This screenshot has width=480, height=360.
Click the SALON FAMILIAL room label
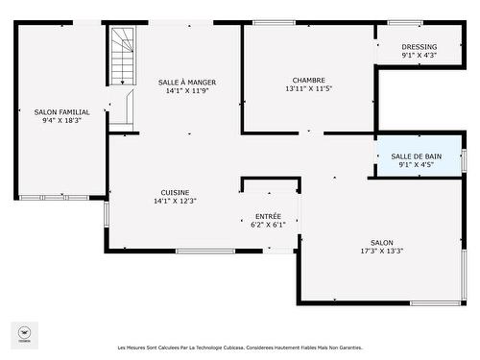(61, 112)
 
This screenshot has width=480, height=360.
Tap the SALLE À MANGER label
(186, 83)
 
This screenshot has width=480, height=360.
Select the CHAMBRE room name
(308, 81)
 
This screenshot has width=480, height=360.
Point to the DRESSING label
(419, 47)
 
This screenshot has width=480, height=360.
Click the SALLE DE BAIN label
(416, 156)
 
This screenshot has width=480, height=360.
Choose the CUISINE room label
(175, 192)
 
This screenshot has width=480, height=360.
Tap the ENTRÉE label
(269, 216)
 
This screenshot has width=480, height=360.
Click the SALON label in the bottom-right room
(382, 242)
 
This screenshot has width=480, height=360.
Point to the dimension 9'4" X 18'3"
(61, 121)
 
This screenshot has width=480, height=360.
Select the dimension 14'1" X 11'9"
(186, 91)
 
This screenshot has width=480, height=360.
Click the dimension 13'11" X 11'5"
(308, 89)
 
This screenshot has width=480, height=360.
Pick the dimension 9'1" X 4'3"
(419, 56)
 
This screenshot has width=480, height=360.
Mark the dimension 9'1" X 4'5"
(416, 164)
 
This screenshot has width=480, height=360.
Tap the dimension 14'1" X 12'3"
(175, 201)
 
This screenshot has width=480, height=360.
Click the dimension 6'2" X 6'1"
(269, 225)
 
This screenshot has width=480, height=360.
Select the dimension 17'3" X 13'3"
(382, 251)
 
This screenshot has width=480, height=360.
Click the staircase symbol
(121, 58)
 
